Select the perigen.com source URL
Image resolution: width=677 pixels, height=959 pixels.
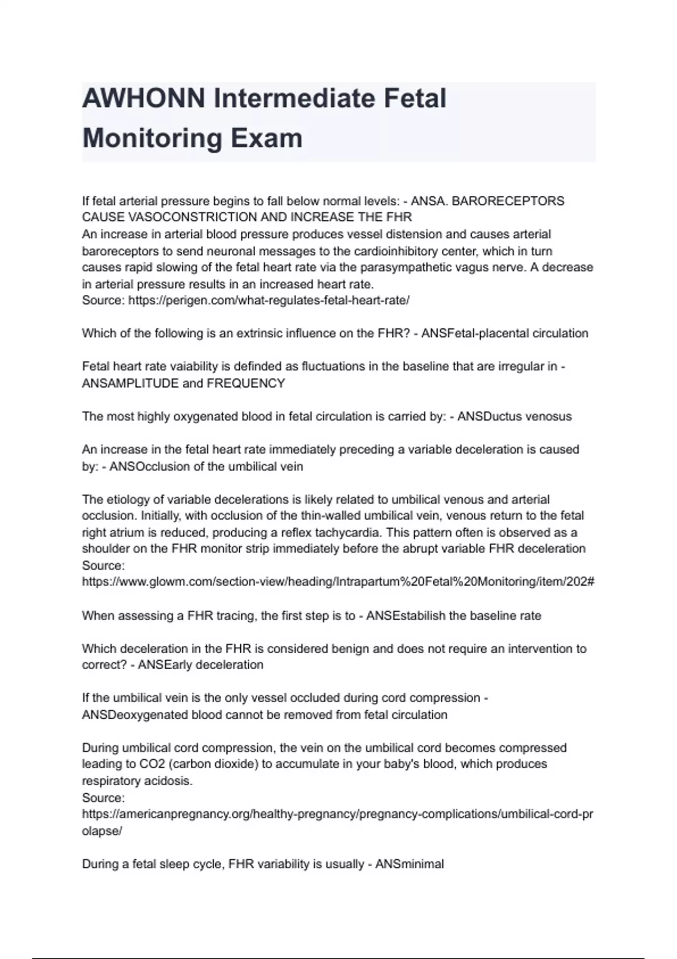point(269,300)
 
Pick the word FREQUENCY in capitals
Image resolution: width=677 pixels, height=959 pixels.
point(246,384)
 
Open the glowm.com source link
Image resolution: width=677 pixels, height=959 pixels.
point(338,582)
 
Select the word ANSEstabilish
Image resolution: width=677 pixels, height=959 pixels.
point(405,615)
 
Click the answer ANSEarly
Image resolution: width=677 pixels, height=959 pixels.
point(165,665)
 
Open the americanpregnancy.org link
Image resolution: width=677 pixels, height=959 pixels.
point(337,814)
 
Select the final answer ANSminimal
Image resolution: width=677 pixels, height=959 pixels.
point(410,864)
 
